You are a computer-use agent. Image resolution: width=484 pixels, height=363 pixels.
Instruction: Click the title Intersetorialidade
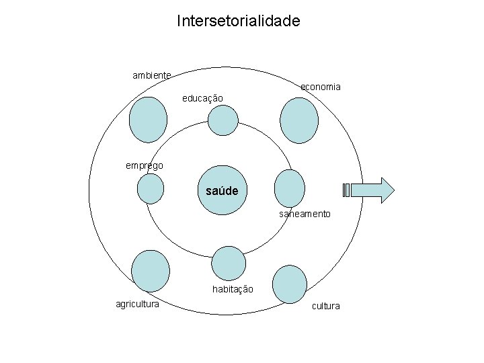click(x=239, y=22)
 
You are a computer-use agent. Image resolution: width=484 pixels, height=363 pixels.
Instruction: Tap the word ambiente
click(x=151, y=75)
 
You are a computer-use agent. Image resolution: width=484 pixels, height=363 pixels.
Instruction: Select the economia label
click(x=320, y=87)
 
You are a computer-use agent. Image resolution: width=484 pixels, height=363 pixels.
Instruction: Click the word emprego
click(x=144, y=165)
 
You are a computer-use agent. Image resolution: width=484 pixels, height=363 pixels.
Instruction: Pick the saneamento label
click(x=305, y=214)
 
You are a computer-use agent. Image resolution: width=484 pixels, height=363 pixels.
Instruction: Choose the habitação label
click(x=233, y=289)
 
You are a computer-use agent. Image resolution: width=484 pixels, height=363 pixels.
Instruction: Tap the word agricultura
click(x=138, y=305)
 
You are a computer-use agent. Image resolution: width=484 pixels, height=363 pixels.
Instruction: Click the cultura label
click(x=325, y=306)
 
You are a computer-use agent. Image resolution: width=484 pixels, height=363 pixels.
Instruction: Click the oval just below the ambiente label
click(x=148, y=120)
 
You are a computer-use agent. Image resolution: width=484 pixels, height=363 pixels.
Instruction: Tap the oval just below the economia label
click(x=299, y=120)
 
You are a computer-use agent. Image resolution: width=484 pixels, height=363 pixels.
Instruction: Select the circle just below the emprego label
click(x=151, y=189)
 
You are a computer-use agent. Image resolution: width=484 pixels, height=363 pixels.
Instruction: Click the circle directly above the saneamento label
click(x=290, y=187)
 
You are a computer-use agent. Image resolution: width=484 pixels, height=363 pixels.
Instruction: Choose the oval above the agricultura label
click(x=151, y=271)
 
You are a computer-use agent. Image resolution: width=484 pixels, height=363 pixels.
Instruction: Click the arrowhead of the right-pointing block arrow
click(x=386, y=190)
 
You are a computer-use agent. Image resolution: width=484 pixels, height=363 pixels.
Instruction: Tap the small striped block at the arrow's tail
click(x=346, y=190)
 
